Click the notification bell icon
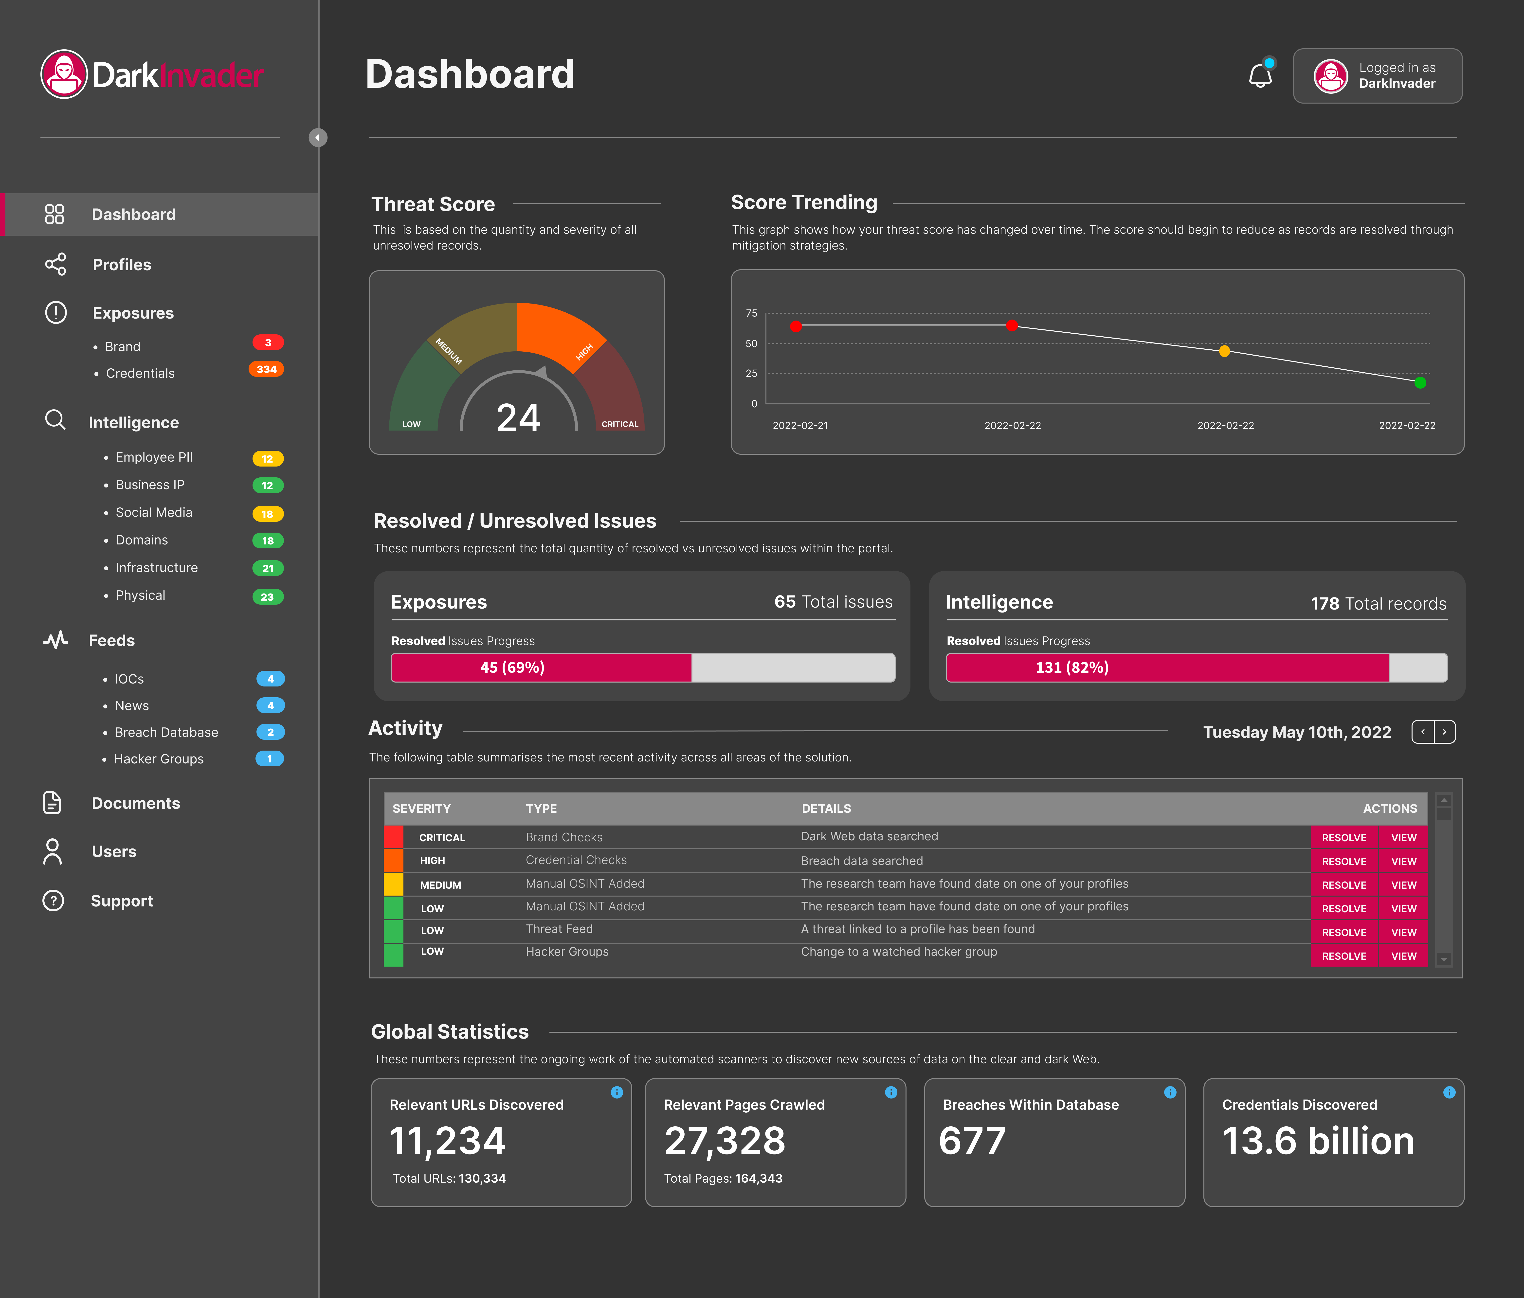1260,76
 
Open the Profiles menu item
121,265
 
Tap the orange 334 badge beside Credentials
266,369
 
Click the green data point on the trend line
1420,382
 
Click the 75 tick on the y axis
751,313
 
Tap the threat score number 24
519,418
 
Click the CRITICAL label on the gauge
619,424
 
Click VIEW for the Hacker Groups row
1403,956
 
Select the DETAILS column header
826,808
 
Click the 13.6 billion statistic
1318,1141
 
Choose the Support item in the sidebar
121,901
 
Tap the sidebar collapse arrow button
318,138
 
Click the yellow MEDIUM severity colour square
394,884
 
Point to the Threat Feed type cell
559,930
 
